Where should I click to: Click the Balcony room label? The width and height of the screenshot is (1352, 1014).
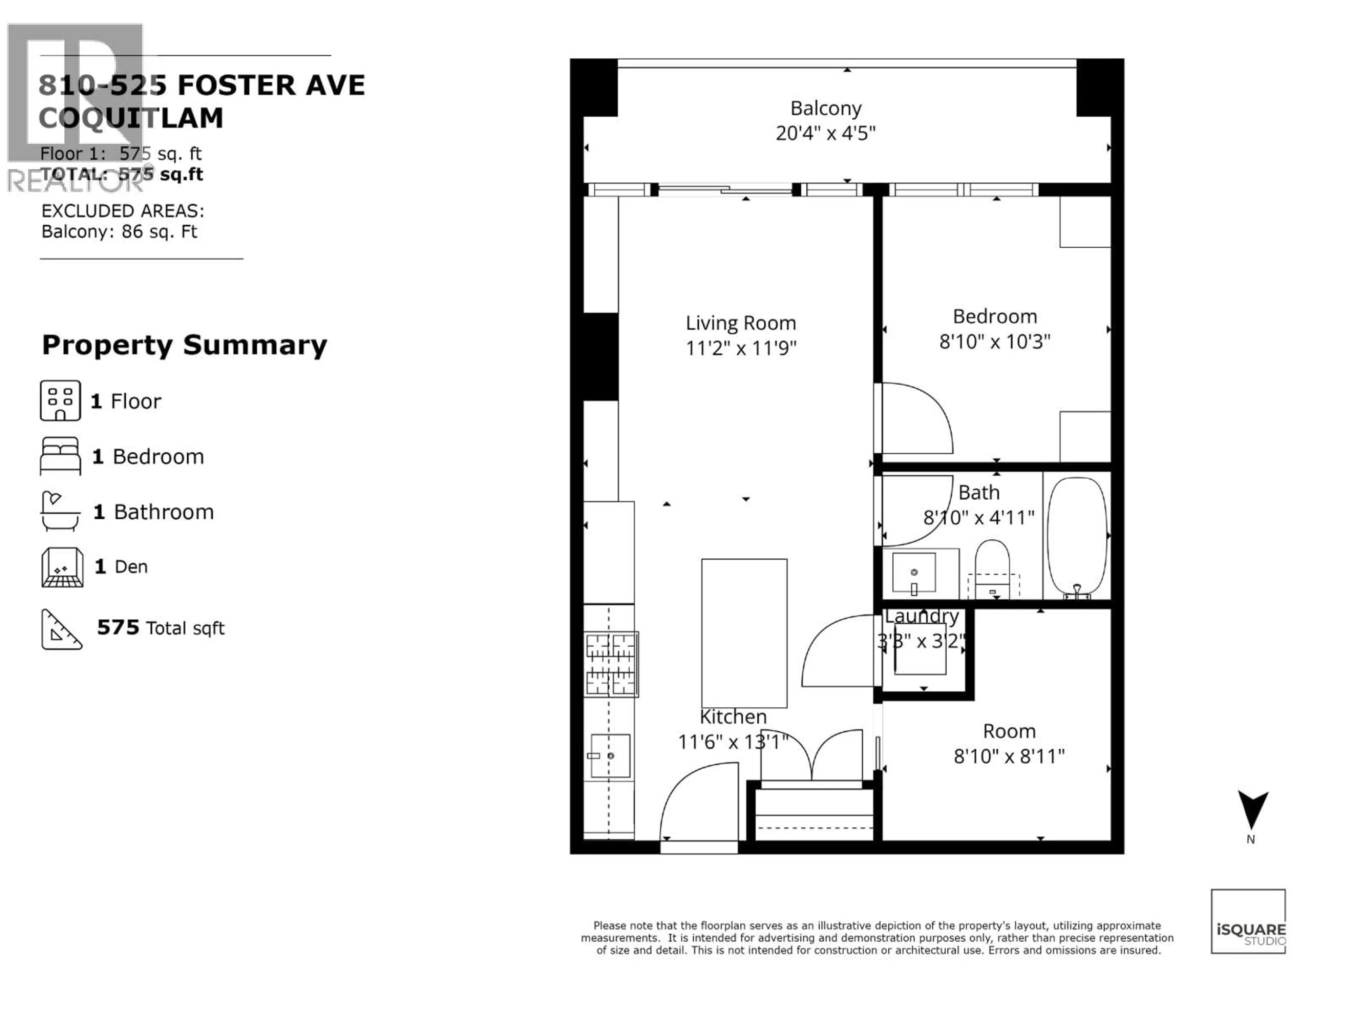pyautogui.click(x=826, y=108)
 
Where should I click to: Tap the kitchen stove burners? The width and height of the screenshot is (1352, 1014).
pyautogui.click(x=611, y=664)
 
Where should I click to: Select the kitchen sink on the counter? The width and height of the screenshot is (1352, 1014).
pyautogui.click(x=610, y=756)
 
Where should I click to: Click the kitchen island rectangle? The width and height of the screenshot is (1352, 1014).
pyautogui.click(x=744, y=633)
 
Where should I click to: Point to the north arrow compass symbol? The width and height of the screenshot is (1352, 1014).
pyautogui.click(x=1252, y=810)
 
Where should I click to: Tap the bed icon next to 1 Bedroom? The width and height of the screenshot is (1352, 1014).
pyautogui.click(x=60, y=456)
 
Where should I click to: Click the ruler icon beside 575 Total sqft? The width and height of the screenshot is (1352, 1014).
pyautogui.click(x=61, y=629)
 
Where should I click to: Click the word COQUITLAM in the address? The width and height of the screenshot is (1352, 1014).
pyautogui.click(x=131, y=118)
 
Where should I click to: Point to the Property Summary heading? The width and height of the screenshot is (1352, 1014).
pyautogui.click(x=184, y=345)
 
